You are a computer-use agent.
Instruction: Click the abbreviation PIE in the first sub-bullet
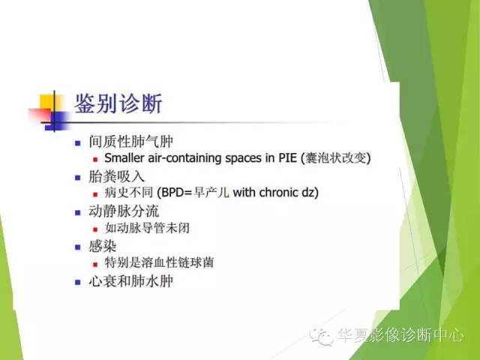(x=286, y=159)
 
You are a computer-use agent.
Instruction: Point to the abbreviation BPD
(x=167, y=193)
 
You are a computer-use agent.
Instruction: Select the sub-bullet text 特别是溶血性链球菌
(x=152, y=262)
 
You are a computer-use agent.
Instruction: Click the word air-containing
(x=190, y=159)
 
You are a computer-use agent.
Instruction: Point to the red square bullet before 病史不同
(x=95, y=194)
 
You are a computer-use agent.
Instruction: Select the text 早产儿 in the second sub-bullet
(x=213, y=193)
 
